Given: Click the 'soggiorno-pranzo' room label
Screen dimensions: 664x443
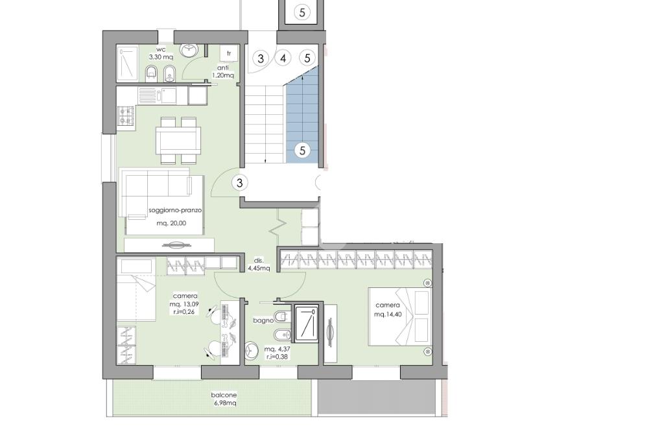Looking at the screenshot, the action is (x=175, y=211).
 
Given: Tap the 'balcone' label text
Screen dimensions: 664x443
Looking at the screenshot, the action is (x=224, y=395).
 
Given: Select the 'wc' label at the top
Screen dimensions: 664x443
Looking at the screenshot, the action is (x=161, y=49).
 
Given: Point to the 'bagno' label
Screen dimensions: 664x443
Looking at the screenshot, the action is (x=263, y=320).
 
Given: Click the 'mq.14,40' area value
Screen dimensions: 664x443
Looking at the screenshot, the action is (x=388, y=314).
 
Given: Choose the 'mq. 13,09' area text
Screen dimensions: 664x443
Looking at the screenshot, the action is (x=184, y=304).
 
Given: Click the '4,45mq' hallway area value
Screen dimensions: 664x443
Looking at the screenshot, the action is (x=259, y=268).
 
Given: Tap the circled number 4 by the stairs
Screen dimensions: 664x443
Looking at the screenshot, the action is (x=283, y=58).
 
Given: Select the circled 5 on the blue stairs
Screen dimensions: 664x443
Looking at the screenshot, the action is (x=302, y=150).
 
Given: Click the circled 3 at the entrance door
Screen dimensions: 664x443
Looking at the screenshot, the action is (x=240, y=183).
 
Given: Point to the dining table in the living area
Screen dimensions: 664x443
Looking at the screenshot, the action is (x=178, y=141).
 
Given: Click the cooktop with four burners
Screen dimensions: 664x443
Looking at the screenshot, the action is (x=126, y=115).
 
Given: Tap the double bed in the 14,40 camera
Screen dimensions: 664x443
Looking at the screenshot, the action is (x=399, y=317).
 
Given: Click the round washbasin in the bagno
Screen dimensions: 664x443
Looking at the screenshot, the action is (x=252, y=351).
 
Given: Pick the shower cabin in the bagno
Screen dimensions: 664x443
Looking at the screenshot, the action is (x=307, y=324).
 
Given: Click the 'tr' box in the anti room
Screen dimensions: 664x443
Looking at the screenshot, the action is (x=229, y=53).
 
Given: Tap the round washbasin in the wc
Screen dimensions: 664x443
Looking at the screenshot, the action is (x=188, y=50).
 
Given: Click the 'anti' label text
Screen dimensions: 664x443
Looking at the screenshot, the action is (x=223, y=67).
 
